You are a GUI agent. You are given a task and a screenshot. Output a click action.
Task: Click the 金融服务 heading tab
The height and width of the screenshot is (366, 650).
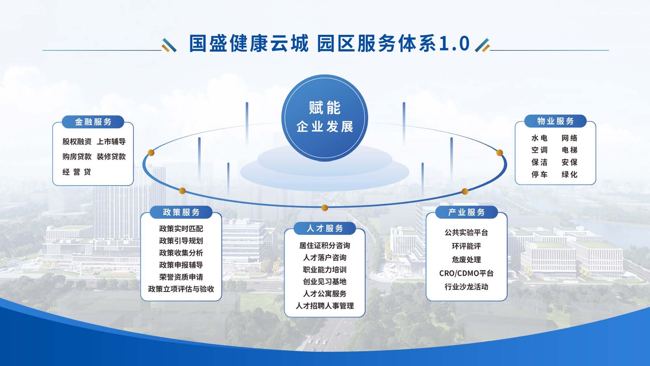click(93, 122)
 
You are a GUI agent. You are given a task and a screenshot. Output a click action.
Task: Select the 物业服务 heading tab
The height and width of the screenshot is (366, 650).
click(555, 121)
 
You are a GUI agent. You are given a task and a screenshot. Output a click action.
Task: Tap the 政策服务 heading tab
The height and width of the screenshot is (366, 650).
click(181, 212)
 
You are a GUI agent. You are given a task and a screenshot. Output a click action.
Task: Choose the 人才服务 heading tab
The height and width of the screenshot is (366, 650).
click(325, 228)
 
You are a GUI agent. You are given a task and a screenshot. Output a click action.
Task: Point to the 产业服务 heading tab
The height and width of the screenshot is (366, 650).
click(466, 212)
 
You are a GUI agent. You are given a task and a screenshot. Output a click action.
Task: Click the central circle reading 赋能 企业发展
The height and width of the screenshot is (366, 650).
click(325, 118)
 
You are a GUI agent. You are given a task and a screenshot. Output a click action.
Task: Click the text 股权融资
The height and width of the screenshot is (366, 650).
click(77, 142)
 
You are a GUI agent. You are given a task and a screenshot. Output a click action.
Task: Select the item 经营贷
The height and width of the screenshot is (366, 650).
click(77, 172)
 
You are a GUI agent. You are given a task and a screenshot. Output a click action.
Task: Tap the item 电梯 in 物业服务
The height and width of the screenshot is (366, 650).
click(569, 150)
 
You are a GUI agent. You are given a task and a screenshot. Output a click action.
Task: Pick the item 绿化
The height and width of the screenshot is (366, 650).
click(569, 174)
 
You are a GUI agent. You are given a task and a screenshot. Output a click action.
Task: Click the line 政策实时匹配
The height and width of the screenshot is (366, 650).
click(181, 229)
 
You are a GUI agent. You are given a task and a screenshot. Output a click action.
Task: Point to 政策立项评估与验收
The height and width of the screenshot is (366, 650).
click(181, 289)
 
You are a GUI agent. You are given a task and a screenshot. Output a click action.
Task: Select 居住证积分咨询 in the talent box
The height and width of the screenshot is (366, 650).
click(325, 245)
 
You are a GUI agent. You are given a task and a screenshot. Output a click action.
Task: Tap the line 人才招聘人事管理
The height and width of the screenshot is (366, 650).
click(325, 306)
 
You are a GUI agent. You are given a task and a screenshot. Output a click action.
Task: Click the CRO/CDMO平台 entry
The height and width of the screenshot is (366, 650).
click(466, 273)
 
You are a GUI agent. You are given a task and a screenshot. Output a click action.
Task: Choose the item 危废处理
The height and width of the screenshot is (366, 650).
click(466, 260)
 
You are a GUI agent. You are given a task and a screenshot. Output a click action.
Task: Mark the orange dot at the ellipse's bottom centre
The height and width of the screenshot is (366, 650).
click(324, 208)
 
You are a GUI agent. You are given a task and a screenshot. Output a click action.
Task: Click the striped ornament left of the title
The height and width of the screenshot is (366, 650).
click(169, 45)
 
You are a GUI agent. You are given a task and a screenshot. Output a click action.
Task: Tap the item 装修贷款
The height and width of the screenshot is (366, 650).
click(111, 156)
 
